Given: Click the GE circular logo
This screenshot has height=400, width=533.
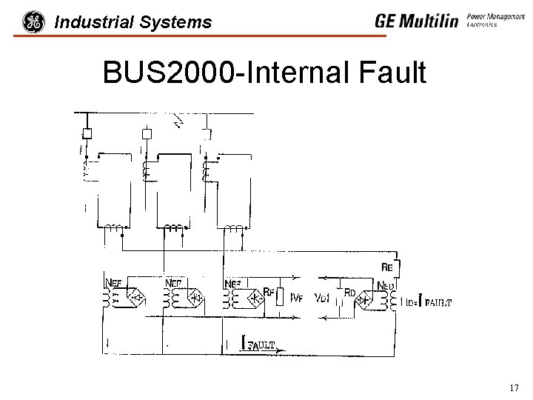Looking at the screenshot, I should click(33, 22).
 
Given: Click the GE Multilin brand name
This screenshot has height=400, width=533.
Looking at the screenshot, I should click(416, 21).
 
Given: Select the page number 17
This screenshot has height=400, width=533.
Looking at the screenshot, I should click(514, 388).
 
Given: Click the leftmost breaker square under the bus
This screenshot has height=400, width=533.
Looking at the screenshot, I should click(87, 134).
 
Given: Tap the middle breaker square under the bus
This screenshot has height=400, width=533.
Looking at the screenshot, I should click(147, 134).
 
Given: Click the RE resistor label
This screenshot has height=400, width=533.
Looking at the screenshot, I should click(387, 267).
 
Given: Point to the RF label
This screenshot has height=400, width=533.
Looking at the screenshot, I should click(269, 293).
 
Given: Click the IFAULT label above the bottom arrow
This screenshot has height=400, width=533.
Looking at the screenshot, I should click(261, 344).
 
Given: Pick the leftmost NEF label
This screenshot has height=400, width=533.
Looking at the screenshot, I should click(114, 282).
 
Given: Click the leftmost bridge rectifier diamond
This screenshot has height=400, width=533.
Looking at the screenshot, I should click(137, 299).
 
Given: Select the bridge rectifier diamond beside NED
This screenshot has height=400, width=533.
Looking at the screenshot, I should click(363, 300).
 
